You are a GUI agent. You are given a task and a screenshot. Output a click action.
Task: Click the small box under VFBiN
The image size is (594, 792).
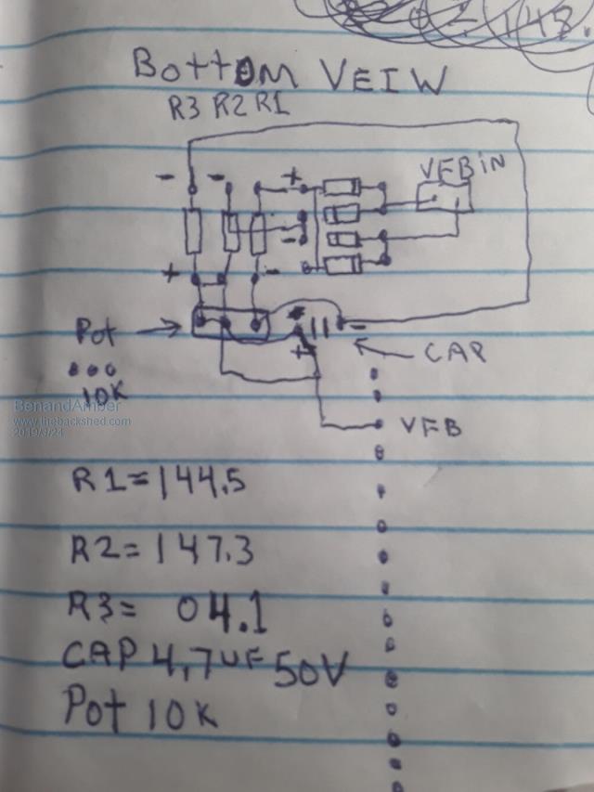[x=445, y=197]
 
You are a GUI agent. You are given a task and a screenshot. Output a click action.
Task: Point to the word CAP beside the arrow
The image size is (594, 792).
[x=455, y=353]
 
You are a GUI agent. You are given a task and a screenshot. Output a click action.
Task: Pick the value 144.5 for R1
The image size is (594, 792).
[x=200, y=482]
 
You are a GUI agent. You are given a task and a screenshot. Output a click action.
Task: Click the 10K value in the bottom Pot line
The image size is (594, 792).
[x=181, y=714]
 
